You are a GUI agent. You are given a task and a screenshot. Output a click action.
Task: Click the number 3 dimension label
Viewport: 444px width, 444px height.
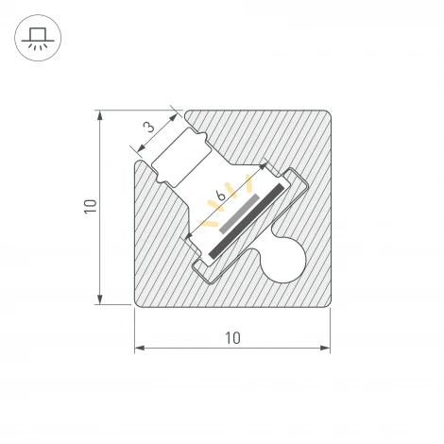[148, 127]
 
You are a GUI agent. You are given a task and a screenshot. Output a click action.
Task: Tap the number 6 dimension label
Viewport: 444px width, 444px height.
[221, 195]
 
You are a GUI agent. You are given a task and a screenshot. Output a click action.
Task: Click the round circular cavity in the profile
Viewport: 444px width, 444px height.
[284, 261]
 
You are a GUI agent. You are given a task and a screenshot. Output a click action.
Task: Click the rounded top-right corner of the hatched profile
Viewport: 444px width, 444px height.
[323, 117]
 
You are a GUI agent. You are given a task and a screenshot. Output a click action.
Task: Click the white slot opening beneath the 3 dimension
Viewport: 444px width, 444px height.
[179, 157]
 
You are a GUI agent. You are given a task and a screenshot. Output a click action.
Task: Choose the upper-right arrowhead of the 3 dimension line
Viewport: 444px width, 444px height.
[177, 116]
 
